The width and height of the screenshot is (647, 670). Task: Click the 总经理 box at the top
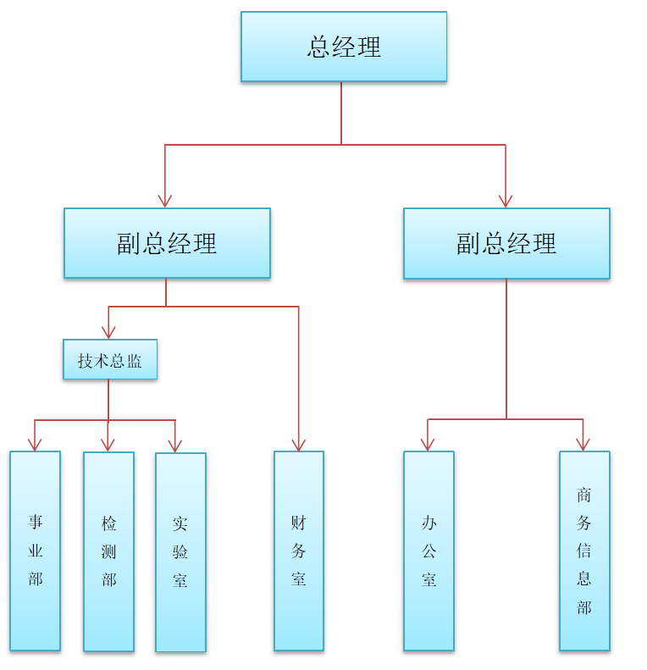click(343, 47)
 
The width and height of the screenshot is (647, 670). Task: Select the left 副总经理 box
click(167, 243)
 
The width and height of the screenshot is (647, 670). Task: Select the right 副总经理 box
click(506, 243)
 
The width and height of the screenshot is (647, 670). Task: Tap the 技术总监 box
click(110, 360)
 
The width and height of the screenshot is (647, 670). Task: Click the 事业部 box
click(35, 551)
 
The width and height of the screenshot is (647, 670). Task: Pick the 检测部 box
click(108, 551)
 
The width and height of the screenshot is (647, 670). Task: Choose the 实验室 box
click(180, 552)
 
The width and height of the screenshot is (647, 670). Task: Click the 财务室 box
click(298, 551)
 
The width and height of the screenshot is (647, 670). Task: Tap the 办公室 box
click(429, 551)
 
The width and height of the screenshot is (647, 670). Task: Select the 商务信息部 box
click(584, 551)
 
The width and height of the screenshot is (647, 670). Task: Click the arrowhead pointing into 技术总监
click(108, 332)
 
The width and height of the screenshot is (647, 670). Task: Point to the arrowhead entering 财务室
click(298, 444)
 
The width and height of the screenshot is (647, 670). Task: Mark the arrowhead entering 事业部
click(35, 444)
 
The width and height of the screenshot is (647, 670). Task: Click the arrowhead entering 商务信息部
click(583, 444)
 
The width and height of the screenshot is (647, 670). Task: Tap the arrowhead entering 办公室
click(429, 444)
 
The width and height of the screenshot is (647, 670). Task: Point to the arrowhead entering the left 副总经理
click(165, 201)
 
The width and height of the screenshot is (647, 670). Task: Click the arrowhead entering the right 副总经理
click(506, 201)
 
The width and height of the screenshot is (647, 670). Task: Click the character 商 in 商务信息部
click(584, 495)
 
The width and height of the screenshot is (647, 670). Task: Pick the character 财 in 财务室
click(298, 523)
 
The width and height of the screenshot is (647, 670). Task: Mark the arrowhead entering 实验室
click(175, 446)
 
